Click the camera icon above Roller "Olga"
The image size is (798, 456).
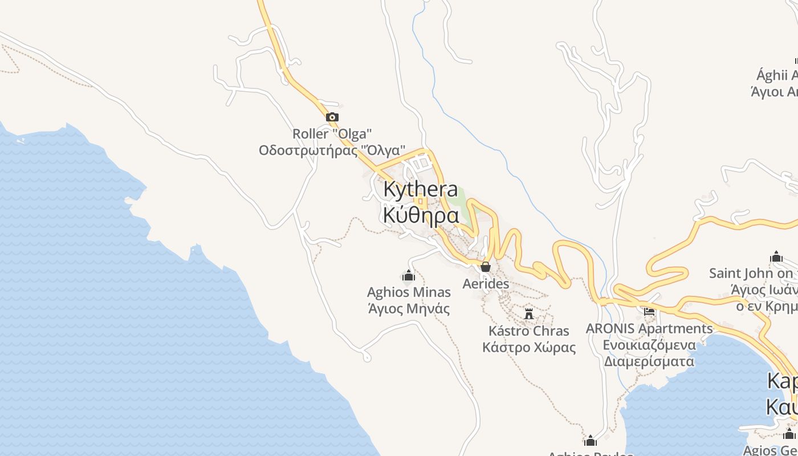pos(332,117)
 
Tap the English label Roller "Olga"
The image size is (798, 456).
pos(332,134)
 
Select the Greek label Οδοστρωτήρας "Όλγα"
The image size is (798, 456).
pos(332,150)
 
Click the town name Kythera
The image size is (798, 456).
pos(421,189)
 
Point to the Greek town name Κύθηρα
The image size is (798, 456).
pos(421,215)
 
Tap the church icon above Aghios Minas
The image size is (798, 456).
pos(408,277)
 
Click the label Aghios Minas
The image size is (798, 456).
pos(409,292)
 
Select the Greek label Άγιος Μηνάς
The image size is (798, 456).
pos(409,309)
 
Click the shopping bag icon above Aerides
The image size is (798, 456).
pos(486,267)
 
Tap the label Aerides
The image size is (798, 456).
pos(486,283)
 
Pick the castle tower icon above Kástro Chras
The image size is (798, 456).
pos(529,313)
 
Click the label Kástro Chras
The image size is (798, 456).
pos(529,331)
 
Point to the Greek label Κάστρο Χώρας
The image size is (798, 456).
pos(529,347)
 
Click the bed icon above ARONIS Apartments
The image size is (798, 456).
pos(649,311)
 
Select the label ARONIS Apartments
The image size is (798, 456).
pos(649,329)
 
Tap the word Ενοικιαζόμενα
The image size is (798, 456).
pos(649,345)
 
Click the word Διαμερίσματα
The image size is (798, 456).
pos(649,361)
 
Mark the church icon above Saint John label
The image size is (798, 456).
pos(776,256)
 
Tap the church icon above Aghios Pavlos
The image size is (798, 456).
pos(591,441)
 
